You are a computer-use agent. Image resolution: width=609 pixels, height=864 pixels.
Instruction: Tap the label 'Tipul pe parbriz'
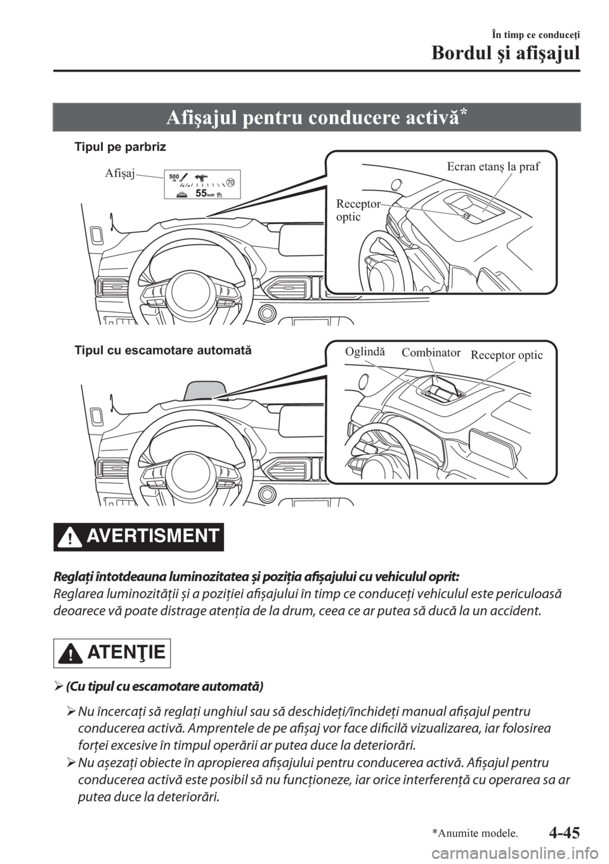coord(120,147)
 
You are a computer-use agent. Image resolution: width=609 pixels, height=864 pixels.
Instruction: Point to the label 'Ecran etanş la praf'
coord(493,167)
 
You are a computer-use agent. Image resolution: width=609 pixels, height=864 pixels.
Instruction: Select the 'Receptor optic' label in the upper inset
coord(357,210)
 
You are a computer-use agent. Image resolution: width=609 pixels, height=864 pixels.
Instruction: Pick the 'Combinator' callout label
coord(431,352)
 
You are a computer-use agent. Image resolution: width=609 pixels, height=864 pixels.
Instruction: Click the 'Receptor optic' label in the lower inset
coord(506,355)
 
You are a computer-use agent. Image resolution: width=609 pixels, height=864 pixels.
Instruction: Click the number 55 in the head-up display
coord(202,193)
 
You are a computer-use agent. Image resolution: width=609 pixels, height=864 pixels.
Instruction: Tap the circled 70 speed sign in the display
coord(230,182)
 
